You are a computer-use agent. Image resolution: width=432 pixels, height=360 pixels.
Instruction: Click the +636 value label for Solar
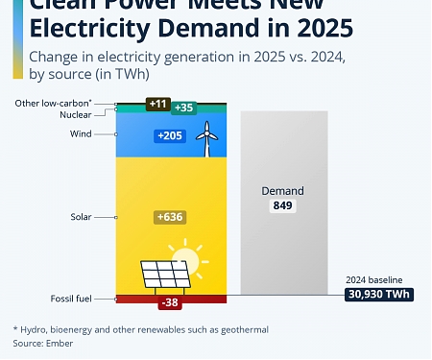click(x=170, y=218)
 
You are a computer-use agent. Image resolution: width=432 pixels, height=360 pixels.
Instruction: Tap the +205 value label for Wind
click(x=170, y=136)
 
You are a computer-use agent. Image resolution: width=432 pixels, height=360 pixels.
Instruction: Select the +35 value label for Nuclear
click(x=182, y=108)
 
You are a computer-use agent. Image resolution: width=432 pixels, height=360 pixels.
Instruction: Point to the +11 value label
click(x=157, y=102)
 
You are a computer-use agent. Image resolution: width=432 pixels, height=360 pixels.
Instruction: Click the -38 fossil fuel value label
click(x=170, y=303)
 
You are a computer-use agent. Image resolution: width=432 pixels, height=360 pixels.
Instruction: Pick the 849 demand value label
click(x=282, y=206)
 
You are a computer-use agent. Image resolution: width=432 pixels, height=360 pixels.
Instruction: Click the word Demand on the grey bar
click(x=282, y=191)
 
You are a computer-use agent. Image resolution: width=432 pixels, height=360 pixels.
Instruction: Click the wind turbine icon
click(x=204, y=141)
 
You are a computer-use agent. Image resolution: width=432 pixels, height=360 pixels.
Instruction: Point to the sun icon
click(x=186, y=259)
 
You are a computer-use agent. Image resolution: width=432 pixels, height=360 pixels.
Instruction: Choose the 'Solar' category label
click(x=81, y=217)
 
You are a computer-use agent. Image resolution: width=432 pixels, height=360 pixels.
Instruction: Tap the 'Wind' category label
click(x=81, y=133)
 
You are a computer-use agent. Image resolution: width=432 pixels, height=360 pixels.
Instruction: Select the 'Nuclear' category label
click(x=75, y=114)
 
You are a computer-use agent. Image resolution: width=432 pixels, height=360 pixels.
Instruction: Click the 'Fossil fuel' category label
click(x=70, y=299)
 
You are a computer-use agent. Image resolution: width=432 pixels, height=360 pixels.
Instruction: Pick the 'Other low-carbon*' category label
click(x=54, y=102)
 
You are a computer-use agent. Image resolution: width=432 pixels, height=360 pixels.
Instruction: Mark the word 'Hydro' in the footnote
click(x=37, y=329)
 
